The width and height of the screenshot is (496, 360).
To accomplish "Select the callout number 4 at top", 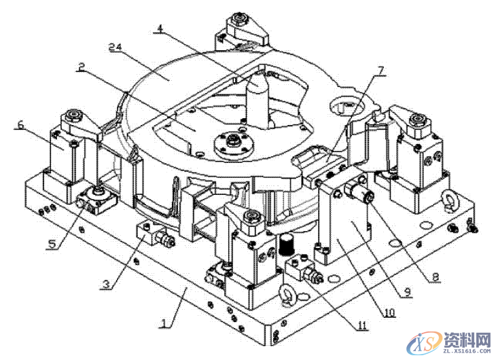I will pos(159,29).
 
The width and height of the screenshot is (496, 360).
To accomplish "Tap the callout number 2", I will pos(81,68).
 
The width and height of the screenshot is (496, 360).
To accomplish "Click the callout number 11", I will pos(362,326).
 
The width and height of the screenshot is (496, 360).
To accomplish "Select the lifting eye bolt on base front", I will pos(286,297).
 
